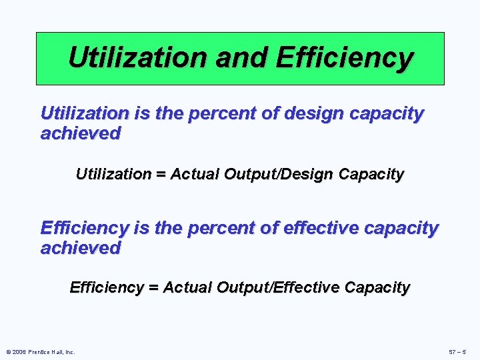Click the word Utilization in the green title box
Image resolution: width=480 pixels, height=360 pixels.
point(137,58)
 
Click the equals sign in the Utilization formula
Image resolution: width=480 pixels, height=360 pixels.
point(161,175)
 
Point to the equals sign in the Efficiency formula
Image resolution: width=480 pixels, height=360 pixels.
point(154,288)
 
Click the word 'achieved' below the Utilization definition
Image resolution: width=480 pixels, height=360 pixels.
point(81,133)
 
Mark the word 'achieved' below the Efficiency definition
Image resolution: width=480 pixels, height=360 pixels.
point(81,248)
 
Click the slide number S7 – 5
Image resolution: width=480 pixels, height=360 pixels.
point(459,351)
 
